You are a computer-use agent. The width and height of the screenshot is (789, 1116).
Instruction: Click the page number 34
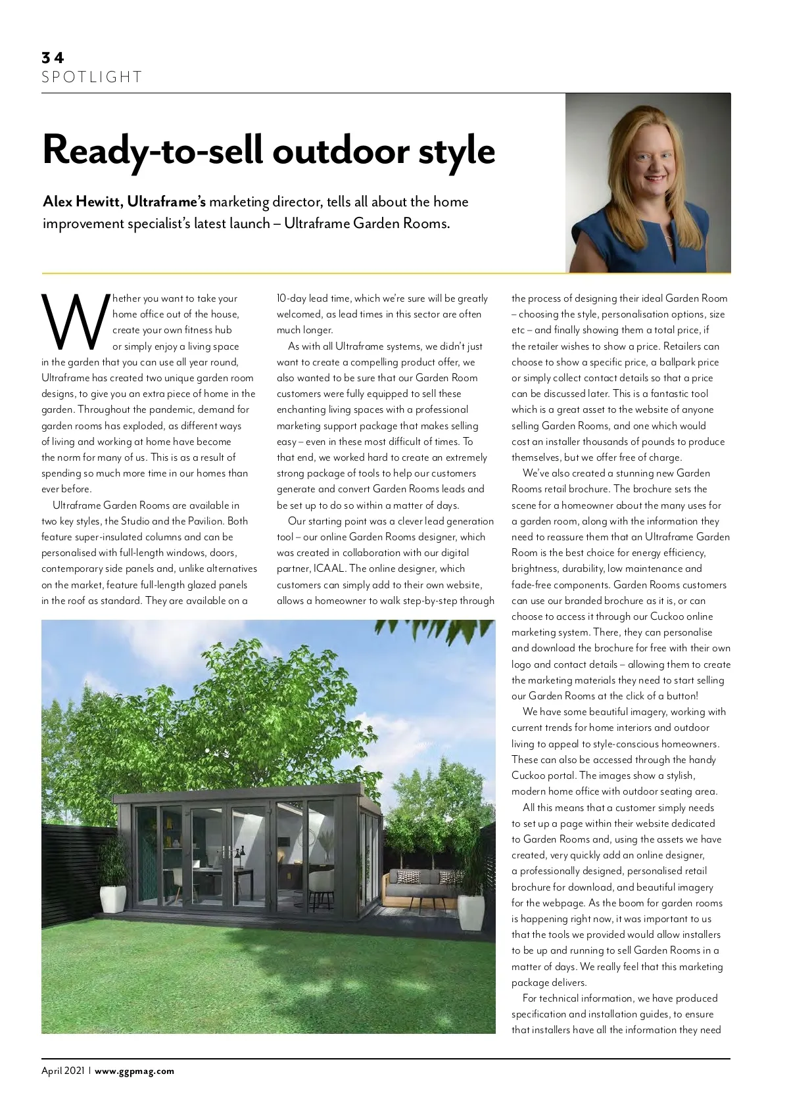[x=53, y=58]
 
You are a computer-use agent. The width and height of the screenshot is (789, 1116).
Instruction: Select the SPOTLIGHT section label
[x=91, y=78]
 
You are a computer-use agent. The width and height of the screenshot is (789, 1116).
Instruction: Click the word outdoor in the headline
[x=341, y=151]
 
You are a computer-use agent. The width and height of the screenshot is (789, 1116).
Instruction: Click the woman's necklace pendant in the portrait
[x=668, y=241]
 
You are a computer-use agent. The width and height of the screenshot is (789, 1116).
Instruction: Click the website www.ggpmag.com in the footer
[x=135, y=1071]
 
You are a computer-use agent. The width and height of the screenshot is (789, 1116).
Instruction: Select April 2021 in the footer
[x=63, y=1071]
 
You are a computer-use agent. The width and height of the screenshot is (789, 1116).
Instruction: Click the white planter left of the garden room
[x=113, y=898]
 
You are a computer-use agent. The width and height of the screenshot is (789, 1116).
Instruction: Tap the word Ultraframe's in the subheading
[x=166, y=202]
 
